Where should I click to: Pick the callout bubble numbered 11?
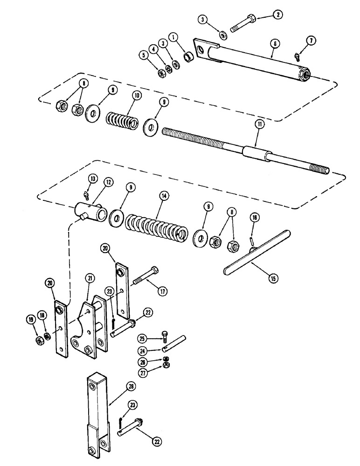(258, 123)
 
